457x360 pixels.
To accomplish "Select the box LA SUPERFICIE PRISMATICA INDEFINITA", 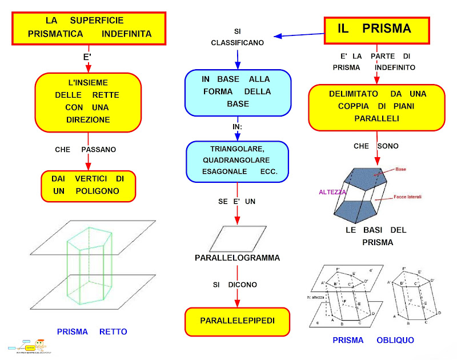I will point(90,27).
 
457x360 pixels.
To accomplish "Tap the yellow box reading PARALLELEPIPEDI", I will point(237,321).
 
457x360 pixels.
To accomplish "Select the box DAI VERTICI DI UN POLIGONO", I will point(88,185).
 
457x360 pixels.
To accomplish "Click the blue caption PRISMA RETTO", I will point(92,331).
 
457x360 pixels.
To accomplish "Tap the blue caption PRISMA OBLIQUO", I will point(373,340).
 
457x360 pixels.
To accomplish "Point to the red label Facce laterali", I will point(407,197).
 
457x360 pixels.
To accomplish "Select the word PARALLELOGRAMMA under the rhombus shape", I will point(237,258).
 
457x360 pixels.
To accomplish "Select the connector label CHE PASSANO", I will point(85,149).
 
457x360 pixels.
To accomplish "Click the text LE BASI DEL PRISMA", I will point(376,236).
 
